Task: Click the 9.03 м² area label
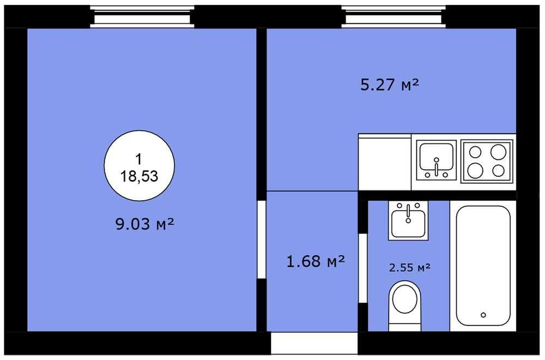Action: pyautogui.click(x=144, y=224)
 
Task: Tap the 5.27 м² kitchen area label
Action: pyautogui.click(x=390, y=85)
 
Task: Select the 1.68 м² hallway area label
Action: pyautogui.click(x=316, y=261)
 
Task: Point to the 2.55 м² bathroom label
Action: pyautogui.click(x=410, y=267)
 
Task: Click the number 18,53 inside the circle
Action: pyautogui.click(x=139, y=176)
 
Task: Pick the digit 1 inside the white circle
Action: pyautogui.click(x=138, y=159)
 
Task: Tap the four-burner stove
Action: pyautogui.click(x=487, y=161)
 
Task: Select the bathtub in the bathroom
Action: pyautogui.click(x=483, y=266)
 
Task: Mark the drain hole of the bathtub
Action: pyautogui.click(x=483, y=315)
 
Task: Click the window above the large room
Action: pyautogui.click(x=142, y=16)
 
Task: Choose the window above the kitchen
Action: pyautogui.click(x=393, y=16)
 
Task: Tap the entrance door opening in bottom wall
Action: pyautogui.click(x=314, y=343)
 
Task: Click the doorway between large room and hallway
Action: pyautogui.click(x=262, y=239)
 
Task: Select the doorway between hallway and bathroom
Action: pyautogui.click(x=363, y=268)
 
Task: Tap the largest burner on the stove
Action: pyautogui.click(x=498, y=152)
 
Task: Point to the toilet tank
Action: pyautogui.click(x=405, y=327)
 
